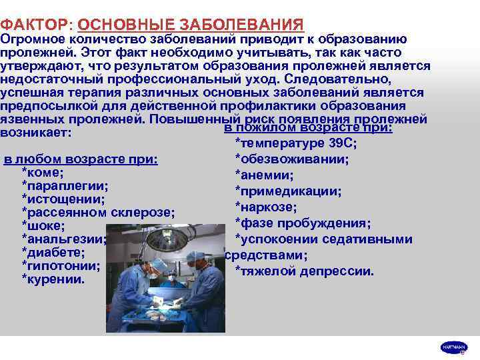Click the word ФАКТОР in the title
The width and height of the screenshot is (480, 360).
coord(33,25)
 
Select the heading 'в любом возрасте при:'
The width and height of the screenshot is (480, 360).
coord(81,159)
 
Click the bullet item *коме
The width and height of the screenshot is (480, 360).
coord(43,172)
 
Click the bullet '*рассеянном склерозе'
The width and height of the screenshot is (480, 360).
coord(98,213)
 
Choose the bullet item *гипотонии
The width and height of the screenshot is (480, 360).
coord(61,266)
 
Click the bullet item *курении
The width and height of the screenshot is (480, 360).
coord(53,279)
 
